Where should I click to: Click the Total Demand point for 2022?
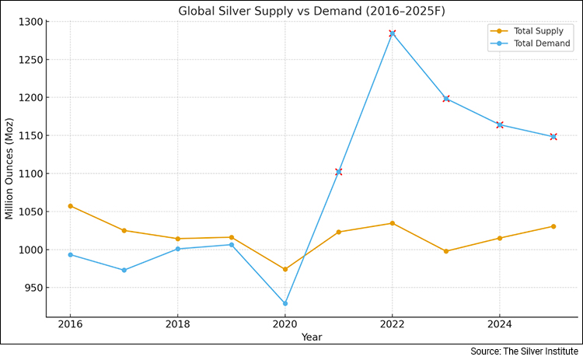393,33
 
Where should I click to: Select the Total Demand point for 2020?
285,303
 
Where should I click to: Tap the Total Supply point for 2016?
70,206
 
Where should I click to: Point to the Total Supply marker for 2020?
285,269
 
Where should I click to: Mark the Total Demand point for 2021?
339,172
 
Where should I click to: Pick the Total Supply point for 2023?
446,251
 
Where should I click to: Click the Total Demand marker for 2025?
553,137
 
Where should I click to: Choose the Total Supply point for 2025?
553,226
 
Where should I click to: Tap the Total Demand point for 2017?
124,270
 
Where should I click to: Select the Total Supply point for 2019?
232,237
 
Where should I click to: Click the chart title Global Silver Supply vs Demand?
306,11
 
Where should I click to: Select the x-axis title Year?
311,337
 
